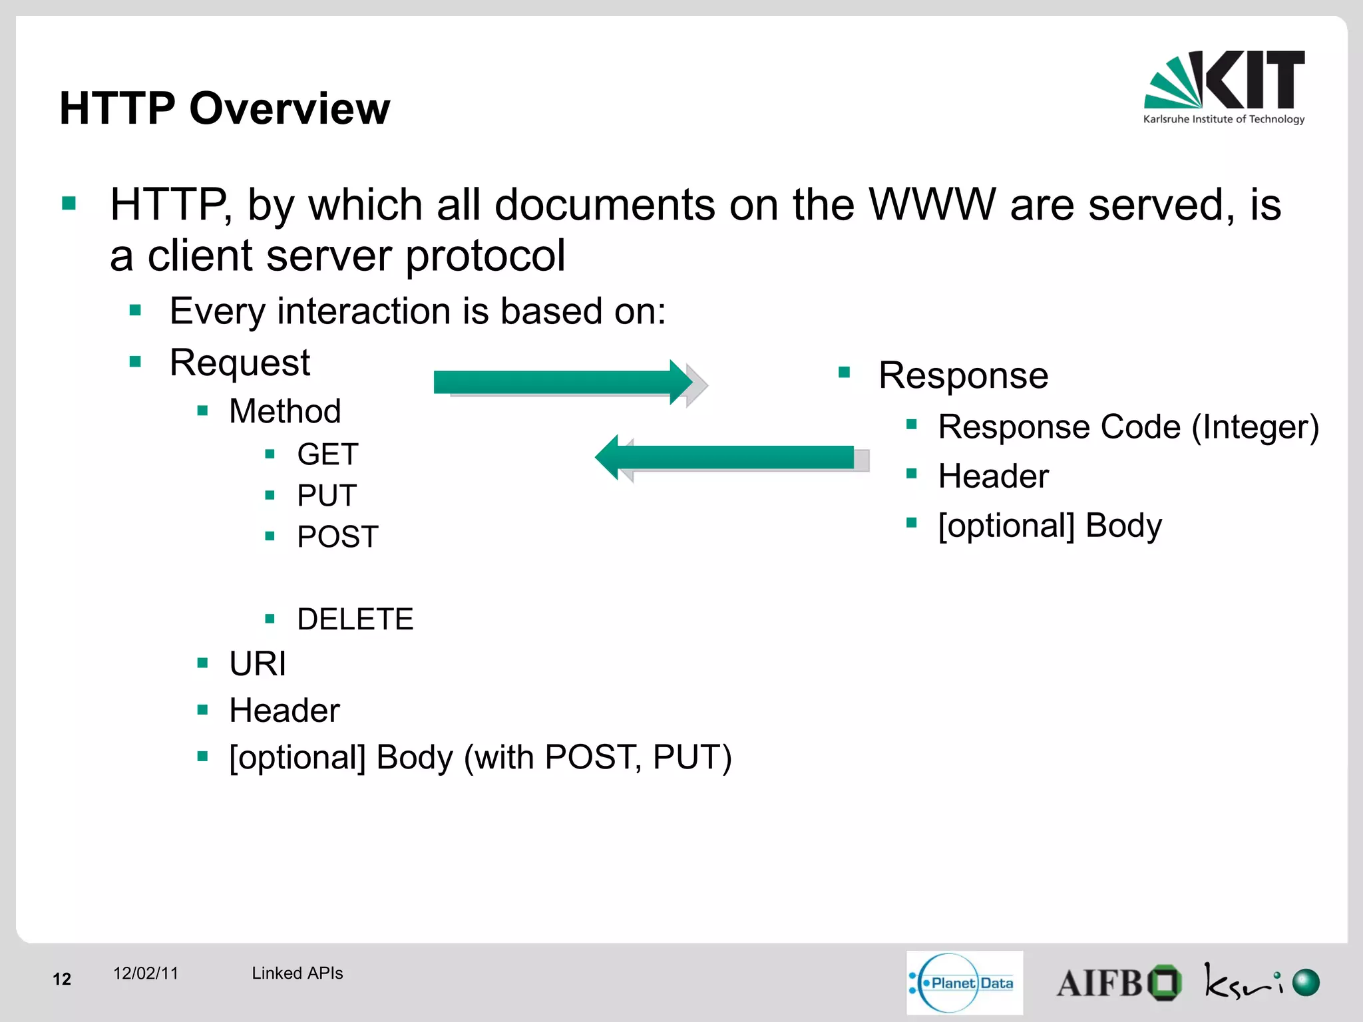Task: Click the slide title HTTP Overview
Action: [x=224, y=108]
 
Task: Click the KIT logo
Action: [x=1224, y=87]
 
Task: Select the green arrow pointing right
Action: [x=563, y=383]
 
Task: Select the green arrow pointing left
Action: [x=725, y=457]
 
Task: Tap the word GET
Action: [x=327, y=454]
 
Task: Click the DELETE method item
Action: [x=355, y=619]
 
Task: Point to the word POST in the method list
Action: [x=337, y=537]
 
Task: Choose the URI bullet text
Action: [x=258, y=664]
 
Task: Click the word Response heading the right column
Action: [x=963, y=375]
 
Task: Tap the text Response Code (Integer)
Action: [x=1128, y=426]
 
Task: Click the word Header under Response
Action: [x=993, y=476]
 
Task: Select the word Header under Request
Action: [x=284, y=711]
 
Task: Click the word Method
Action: [x=285, y=411]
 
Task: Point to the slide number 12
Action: [x=62, y=979]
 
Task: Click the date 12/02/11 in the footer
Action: [x=146, y=973]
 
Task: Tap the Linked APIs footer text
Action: [x=297, y=973]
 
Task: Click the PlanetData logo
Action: [x=964, y=983]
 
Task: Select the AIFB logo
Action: [x=1118, y=983]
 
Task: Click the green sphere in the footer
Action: [x=1306, y=983]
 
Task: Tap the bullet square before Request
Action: [x=136, y=362]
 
